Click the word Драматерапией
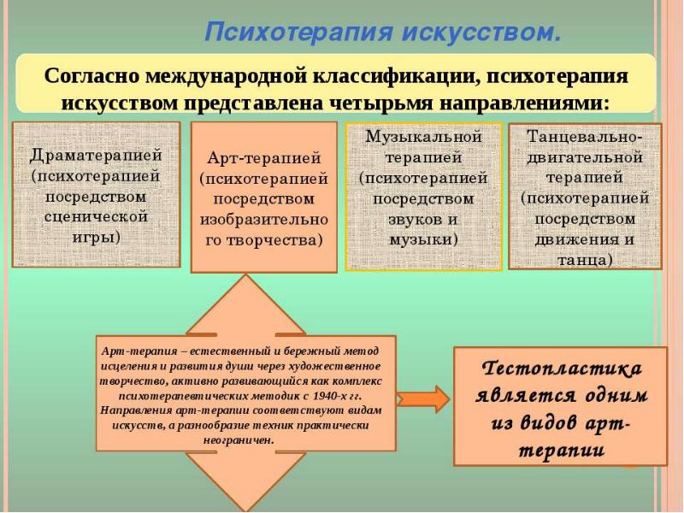point(96,157)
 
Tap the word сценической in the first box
point(96,216)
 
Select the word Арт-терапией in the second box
point(263,159)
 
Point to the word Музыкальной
point(423,138)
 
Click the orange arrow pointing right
point(423,398)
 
